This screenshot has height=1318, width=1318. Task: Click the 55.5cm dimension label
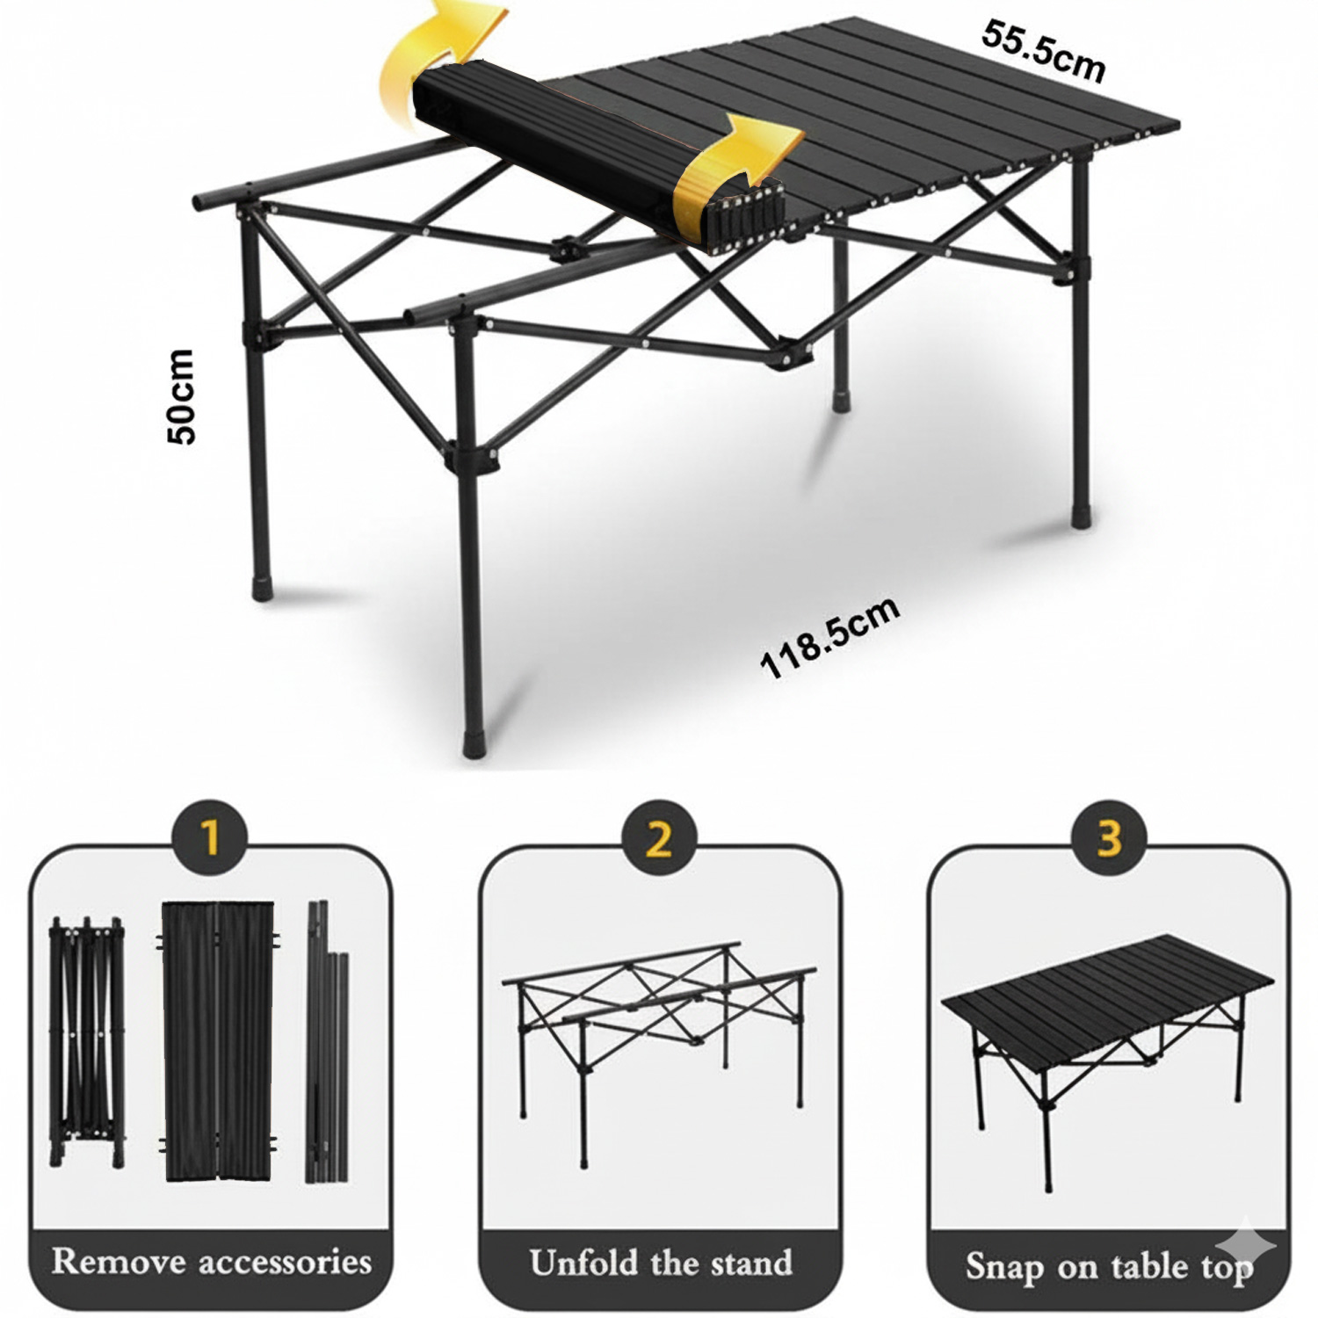[1042, 53]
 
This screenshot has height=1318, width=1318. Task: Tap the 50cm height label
[181, 395]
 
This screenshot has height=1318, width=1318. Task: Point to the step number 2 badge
[659, 839]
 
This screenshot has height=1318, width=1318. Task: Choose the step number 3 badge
[1109, 839]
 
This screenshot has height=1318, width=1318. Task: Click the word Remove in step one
[118, 1262]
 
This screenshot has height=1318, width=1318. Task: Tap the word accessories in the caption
[285, 1262]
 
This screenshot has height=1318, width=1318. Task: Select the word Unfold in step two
[583, 1263]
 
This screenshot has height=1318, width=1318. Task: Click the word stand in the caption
[752, 1263]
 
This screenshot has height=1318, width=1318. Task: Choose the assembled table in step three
[1109, 1028]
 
